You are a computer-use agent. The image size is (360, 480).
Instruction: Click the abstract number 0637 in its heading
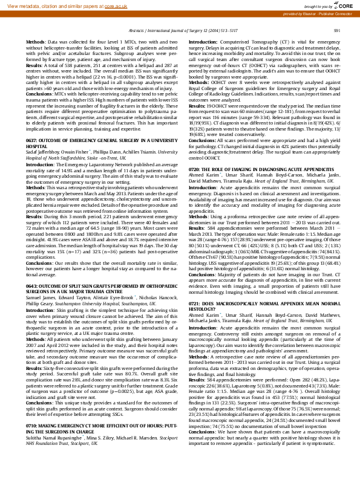click(32, 140)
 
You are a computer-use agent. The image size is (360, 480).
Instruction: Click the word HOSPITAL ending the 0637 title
click(38, 146)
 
